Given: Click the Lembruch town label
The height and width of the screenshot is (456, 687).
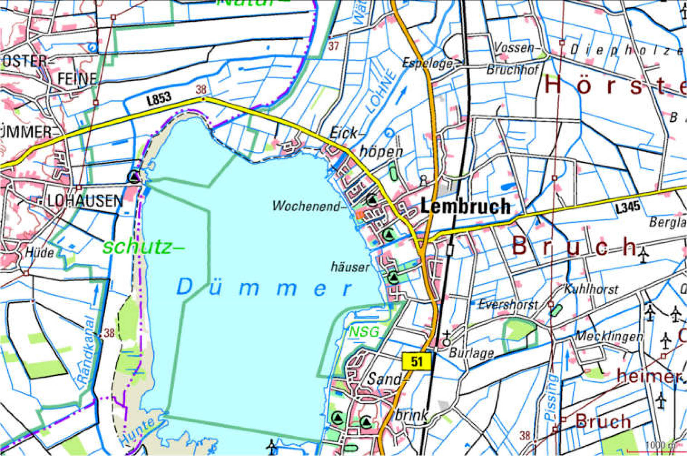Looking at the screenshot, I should click(x=465, y=206).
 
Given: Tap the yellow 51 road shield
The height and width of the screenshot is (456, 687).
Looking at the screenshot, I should click(x=416, y=361).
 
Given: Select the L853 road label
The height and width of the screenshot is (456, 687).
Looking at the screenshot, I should click(x=159, y=98).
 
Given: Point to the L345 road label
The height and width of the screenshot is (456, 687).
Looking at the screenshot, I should click(x=627, y=207).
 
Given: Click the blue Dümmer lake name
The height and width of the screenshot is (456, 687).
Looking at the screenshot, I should click(x=264, y=288).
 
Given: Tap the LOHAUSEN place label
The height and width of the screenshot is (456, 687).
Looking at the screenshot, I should click(x=85, y=201).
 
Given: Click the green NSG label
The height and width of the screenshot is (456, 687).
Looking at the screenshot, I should click(x=364, y=331).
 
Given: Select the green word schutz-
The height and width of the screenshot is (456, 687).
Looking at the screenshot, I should click(x=143, y=248).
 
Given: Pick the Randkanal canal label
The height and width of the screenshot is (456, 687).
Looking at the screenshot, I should click(x=86, y=350).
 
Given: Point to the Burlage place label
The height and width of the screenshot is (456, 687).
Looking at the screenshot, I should click(x=471, y=352).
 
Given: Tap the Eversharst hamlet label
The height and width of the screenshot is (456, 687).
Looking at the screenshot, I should click(x=507, y=304).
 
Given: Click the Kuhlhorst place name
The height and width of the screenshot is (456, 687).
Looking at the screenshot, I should click(x=591, y=289).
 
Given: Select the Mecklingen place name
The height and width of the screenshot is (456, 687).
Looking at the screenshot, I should click(x=609, y=336).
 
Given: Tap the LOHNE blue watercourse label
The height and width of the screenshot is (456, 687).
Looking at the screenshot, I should click(x=380, y=91).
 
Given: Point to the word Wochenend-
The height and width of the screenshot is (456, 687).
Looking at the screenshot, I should click(x=308, y=206).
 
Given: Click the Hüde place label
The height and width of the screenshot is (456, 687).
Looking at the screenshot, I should click(x=40, y=252).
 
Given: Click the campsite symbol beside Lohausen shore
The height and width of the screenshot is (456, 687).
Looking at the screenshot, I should click(x=134, y=177).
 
